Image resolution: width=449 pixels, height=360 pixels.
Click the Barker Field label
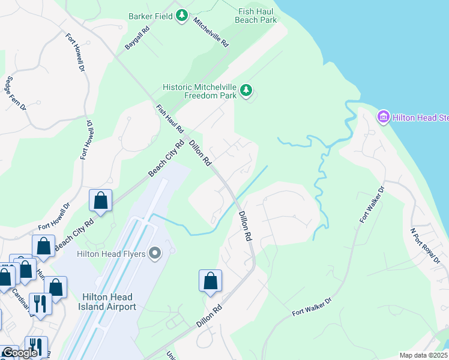150,16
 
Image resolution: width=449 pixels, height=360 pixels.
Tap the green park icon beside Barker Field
182,16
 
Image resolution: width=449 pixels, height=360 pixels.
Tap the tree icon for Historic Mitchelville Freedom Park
246,91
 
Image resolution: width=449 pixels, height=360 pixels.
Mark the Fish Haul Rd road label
170,119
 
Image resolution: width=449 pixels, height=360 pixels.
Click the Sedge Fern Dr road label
16,92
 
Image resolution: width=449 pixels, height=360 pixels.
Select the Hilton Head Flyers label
111,254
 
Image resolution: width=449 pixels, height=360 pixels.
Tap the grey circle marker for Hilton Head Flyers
155,254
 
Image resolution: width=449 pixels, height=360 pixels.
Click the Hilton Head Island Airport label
109,302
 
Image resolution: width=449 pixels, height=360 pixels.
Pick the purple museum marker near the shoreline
383,117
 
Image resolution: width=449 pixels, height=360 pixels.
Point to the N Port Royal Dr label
425,245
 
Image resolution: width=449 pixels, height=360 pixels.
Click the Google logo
19,353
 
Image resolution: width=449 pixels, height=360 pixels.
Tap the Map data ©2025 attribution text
423,355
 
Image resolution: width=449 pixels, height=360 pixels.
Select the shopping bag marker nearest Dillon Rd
210,281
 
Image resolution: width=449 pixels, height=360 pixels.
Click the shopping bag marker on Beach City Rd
100,200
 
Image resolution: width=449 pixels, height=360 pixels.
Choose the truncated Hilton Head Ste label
421,118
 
